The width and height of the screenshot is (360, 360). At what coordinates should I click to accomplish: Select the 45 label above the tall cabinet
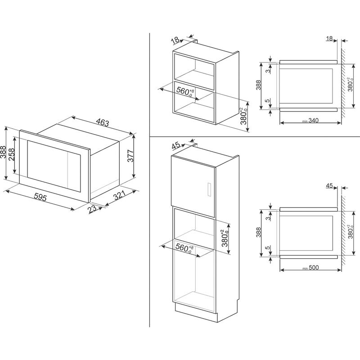pyautogui.click(x=176, y=145)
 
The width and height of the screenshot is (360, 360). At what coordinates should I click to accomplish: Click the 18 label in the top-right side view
pyautogui.click(x=329, y=39)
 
